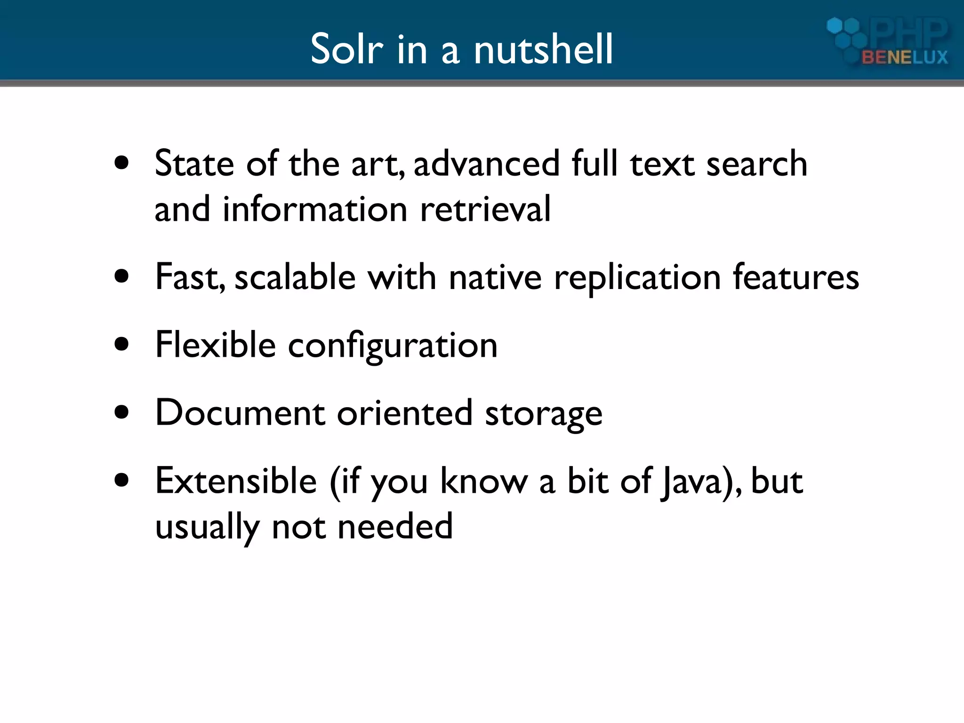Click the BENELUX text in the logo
[x=904, y=57]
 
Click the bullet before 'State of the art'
[x=122, y=163]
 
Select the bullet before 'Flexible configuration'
[x=122, y=344]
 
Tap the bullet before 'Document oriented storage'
[x=122, y=412]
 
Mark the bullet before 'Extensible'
[x=122, y=481]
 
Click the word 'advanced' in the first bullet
[x=487, y=163]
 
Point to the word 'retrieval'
[x=485, y=209]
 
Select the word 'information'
[x=315, y=209]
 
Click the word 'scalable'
[x=295, y=277]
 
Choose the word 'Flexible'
[x=215, y=344]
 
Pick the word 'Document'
[x=240, y=412]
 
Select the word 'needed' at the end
[x=395, y=526]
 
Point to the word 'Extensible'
[x=236, y=481]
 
